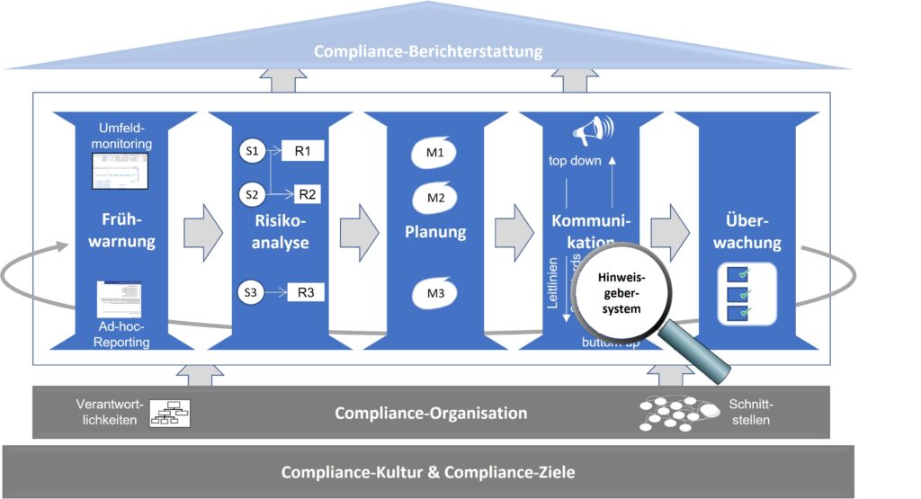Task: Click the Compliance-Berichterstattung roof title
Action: click(428, 51)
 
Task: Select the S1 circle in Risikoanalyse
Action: click(251, 152)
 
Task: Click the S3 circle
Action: click(251, 292)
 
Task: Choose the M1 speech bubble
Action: click(435, 153)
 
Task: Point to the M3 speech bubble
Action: click(435, 293)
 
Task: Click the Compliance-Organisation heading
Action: click(431, 414)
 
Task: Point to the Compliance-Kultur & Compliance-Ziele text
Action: click(428, 472)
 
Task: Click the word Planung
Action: click(435, 232)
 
